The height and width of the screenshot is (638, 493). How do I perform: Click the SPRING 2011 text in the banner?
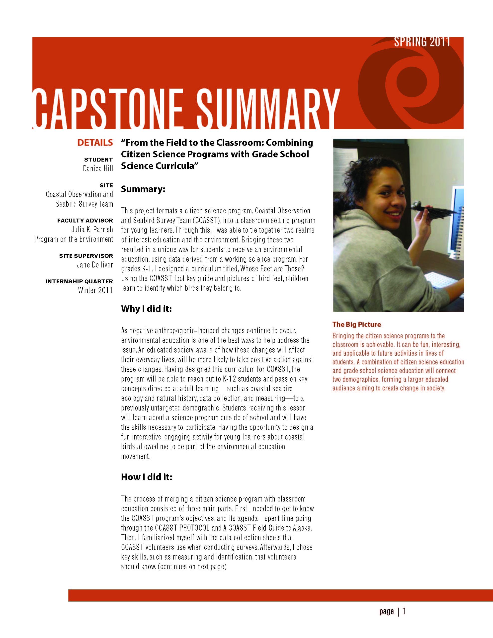tap(422, 42)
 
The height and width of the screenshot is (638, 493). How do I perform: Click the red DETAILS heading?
tap(95, 143)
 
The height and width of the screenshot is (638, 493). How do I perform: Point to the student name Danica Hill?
tap(98, 169)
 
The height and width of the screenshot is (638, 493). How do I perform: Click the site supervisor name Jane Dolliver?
tap(95, 265)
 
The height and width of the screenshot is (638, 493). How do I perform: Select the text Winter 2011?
tap(95, 290)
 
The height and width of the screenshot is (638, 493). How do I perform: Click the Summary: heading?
tap(143, 189)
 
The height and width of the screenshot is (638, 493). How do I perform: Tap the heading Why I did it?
tap(146, 309)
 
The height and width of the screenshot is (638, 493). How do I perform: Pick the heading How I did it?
tap(147, 477)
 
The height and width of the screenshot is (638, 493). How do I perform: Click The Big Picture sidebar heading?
tap(356, 324)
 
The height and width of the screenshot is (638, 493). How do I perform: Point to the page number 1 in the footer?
tap(405, 617)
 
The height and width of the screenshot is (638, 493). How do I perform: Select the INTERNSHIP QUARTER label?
tap(79, 282)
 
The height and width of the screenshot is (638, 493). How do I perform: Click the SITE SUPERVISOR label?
tap(86, 256)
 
